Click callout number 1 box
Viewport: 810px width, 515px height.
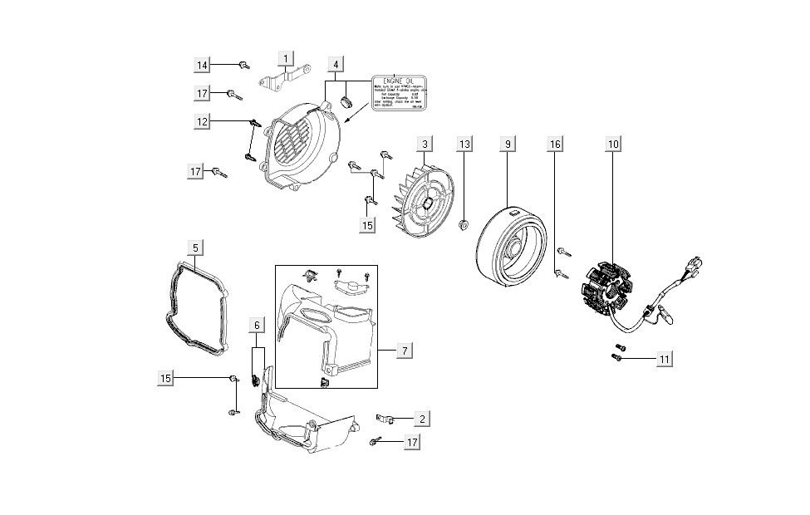coord(286,59)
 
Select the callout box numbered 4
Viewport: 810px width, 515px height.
coord(336,64)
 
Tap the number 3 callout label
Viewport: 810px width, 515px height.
coord(425,145)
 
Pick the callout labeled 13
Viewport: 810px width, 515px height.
coord(464,145)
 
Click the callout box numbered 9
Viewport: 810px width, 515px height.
coord(506,145)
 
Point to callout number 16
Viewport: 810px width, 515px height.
coord(555,145)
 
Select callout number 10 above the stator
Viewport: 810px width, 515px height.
coord(613,145)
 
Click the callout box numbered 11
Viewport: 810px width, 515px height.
coord(664,359)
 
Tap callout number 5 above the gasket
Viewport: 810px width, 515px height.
coord(194,248)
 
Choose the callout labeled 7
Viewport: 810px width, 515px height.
coord(403,351)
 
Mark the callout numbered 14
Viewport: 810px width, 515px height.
coord(202,64)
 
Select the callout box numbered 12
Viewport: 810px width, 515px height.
coord(202,121)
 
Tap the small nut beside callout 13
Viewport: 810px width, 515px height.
coord(464,222)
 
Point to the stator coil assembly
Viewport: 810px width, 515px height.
coord(607,287)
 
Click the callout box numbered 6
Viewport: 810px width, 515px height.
coord(258,326)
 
